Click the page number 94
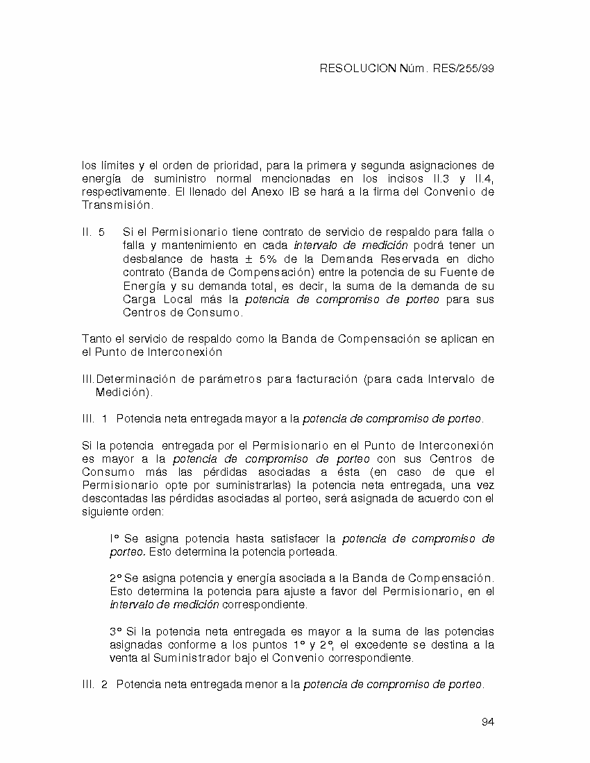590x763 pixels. (487, 722)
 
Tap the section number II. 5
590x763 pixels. (93, 232)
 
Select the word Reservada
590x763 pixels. (419, 259)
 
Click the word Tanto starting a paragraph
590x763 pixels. (96, 338)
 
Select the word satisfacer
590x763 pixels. (298, 538)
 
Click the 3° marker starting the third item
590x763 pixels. (116, 632)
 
